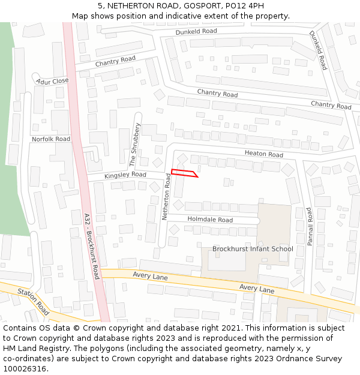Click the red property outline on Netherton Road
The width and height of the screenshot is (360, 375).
tap(184, 173)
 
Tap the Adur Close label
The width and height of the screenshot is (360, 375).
tap(52, 81)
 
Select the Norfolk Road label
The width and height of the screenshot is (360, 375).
tap(51, 139)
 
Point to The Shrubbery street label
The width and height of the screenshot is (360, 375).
tap(134, 145)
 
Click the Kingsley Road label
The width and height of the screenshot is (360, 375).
tap(125, 175)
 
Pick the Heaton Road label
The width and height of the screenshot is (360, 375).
tap(263, 154)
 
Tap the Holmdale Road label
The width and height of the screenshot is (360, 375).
tap(210, 220)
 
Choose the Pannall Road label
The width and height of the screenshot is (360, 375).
tap(310, 227)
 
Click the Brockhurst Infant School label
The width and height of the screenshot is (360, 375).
tap(253, 249)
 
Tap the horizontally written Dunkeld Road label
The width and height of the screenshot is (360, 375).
tap(196, 31)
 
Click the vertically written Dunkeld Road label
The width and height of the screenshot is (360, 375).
tap(318, 50)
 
